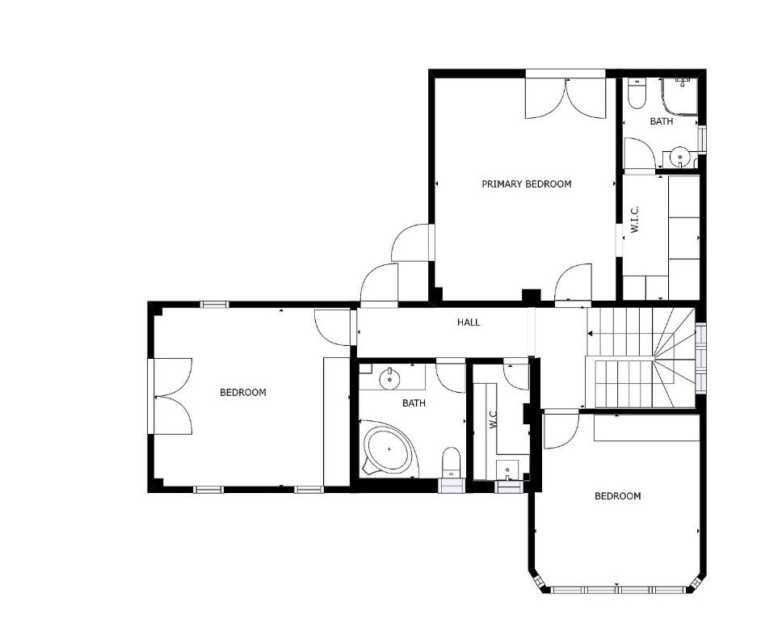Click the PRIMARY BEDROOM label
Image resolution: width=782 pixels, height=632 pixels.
click(x=526, y=184)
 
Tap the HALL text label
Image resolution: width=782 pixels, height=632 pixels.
click(x=469, y=322)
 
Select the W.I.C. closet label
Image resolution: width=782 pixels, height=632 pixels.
click(x=634, y=220)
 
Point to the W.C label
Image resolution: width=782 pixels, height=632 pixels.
click(x=494, y=419)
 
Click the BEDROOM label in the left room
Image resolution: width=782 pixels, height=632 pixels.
click(x=243, y=393)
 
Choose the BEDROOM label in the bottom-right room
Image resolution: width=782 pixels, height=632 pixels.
click(x=617, y=496)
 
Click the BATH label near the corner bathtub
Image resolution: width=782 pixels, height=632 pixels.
click(x=414, y=403)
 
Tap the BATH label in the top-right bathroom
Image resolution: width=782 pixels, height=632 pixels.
click(x=662, y=121)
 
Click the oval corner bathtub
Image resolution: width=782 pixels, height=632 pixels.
click(x=389, y=448)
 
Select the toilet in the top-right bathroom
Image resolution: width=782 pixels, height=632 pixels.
click(x=637, y=93)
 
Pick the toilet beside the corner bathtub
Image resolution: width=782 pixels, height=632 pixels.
click(x=452, y=461)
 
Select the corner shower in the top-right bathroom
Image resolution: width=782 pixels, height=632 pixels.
click(x=679, y=96)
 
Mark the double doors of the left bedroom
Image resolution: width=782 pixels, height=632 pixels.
click(x=173, y=397)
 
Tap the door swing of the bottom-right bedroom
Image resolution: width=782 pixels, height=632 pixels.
click(x=561, y=429)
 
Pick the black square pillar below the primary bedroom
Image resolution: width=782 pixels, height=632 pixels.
click(x=531, y=295)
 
